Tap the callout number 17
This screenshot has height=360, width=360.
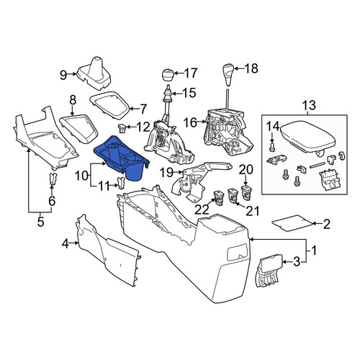(191, 73)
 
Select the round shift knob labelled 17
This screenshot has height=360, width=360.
(168, 75)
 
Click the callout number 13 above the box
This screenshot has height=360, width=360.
(309, 106)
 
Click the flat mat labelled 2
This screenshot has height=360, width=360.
(292, 223)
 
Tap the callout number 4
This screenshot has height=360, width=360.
(65, 244)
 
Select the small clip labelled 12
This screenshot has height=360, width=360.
(122, 128)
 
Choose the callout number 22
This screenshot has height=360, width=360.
(202, 210)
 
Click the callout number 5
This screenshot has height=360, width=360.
(41, 222)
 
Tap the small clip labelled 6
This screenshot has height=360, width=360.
(53, 179)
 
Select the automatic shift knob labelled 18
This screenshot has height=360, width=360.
(229, 74)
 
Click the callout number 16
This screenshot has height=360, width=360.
(190, 122)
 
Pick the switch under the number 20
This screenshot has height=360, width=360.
(246, 192)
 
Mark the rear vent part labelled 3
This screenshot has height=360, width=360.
(269, 271)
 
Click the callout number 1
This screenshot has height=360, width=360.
(314, 251)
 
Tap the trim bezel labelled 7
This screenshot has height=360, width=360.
(110, 106)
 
